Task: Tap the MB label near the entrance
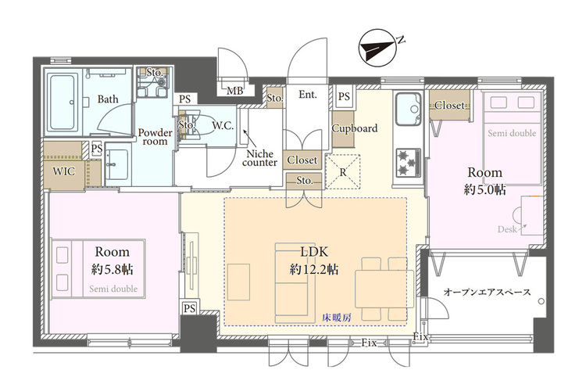coord(235,91)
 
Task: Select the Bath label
coord(108,99)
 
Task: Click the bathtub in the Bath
coord(63,102)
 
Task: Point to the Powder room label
coord(155,137)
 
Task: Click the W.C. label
coord(223,126)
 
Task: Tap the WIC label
coord(64,171)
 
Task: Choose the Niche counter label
coord(259,158)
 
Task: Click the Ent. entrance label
coord(308,95)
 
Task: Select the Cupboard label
coord(355,128)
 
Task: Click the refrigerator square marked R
coord(343,172)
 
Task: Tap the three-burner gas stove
coord(409,163)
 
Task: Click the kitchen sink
coord(409,109)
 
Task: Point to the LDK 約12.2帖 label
coord(314,260)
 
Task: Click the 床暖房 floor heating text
coord(337,318)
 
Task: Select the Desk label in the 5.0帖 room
coord(507,229)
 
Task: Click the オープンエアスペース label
coord(487,293)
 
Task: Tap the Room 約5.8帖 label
coord(112,260)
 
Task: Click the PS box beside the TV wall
coord(190,308)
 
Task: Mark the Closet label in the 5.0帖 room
coord(449,105)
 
